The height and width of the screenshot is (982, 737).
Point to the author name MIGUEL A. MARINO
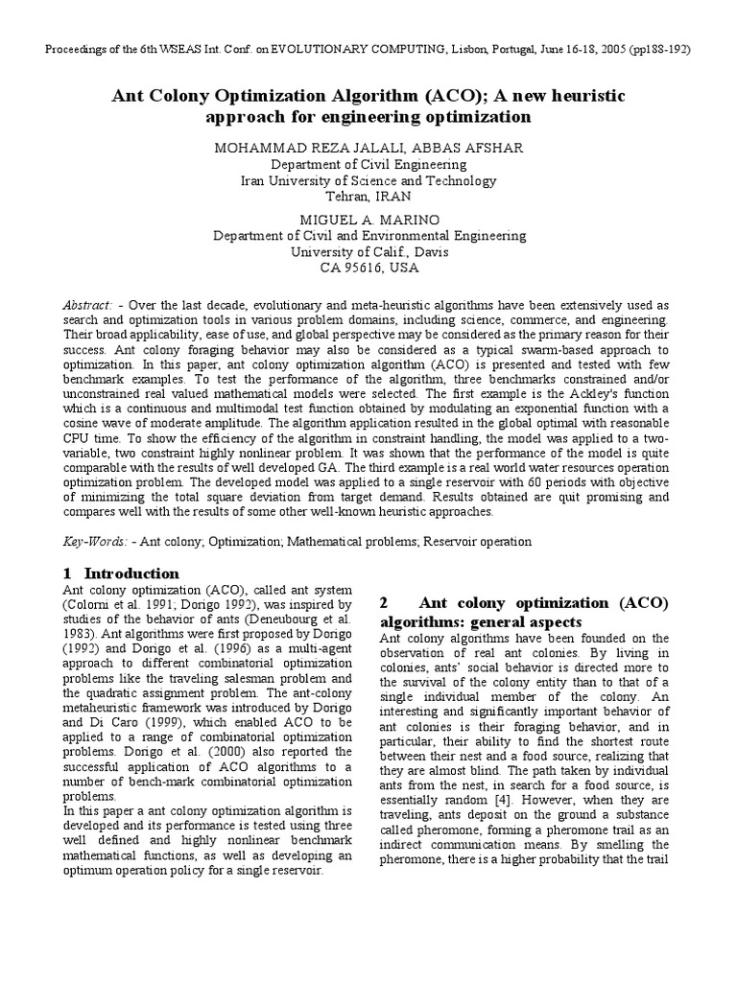point(369,219)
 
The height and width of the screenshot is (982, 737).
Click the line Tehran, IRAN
point(369,196)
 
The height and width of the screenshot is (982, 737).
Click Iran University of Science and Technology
point(369,180)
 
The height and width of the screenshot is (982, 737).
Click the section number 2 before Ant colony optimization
point(384,603)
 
